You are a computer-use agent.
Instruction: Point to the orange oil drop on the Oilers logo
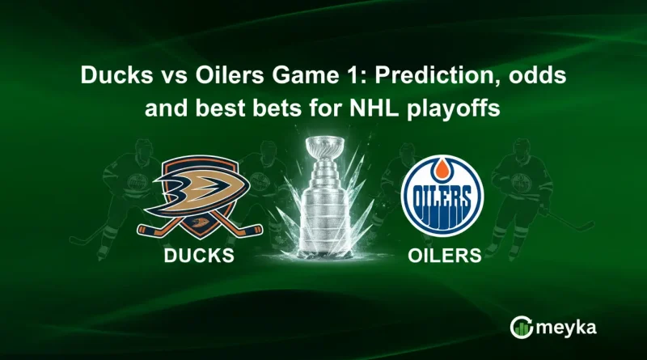(x=442, y=167)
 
